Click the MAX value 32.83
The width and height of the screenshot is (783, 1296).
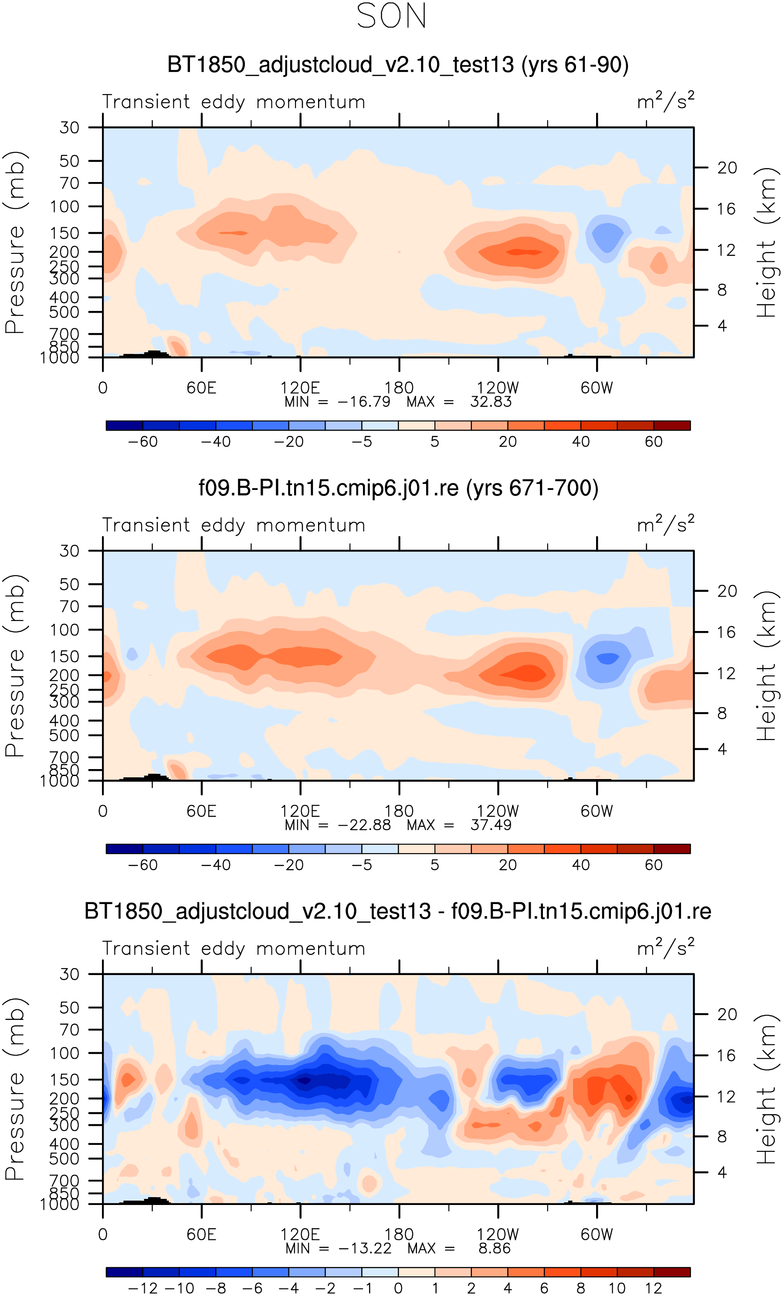click(x=491, y=402)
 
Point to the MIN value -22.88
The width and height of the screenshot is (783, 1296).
click(x=364, y=825)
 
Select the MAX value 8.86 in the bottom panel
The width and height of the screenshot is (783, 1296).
click(x=494, y=1248)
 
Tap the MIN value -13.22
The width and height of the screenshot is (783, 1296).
click(x=365, y=1248)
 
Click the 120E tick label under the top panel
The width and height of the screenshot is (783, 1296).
click(x=300, y=388)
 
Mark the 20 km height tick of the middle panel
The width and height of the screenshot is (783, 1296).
click(x=727, y=591)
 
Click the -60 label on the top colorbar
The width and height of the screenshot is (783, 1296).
click(x=142, y=442)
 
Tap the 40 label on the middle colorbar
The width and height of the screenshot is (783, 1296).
click(x=580, y=865)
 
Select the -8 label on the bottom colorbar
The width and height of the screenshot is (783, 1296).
click(x=216, y=1288)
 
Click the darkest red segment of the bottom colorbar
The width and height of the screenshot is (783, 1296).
click(x=671, y=1272)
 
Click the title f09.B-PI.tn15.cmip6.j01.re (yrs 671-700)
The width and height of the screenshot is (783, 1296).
click(x=398, y=488)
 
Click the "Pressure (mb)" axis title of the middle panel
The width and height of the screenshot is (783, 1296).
click(x=15, y=665)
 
